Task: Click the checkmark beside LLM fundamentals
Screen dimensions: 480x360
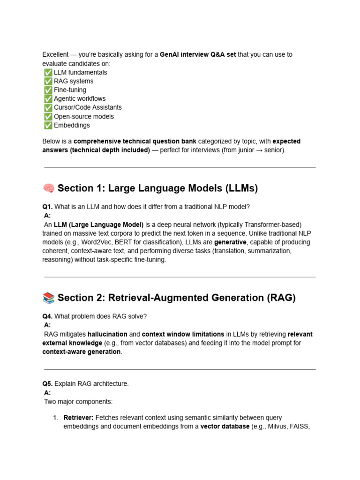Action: [x=48, y=73]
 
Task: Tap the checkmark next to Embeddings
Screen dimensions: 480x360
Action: [x=48, y=126]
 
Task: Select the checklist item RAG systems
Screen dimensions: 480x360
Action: [x=74, y=81]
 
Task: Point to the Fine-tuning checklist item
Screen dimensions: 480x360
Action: [x=70, y=90]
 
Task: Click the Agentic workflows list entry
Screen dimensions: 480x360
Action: [x=80, y=99]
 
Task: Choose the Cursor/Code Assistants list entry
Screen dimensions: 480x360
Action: [x=88, y=107]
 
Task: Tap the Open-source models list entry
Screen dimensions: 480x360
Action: [x=84, y=116]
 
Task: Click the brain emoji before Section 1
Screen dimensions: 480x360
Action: [x=49, y=188]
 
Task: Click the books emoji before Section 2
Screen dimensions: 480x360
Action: [x=49, y=298]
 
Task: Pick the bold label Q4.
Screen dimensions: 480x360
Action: [x=47, y=316]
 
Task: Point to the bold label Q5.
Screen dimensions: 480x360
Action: [x=47, y=384]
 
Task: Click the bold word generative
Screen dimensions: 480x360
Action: [x=230, y=242]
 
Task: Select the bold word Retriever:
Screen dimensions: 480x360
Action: [x=79, y=418]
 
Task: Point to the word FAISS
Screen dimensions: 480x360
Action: [x=300, y=427]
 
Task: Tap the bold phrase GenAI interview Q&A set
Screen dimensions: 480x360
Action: [x=197, y=55]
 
